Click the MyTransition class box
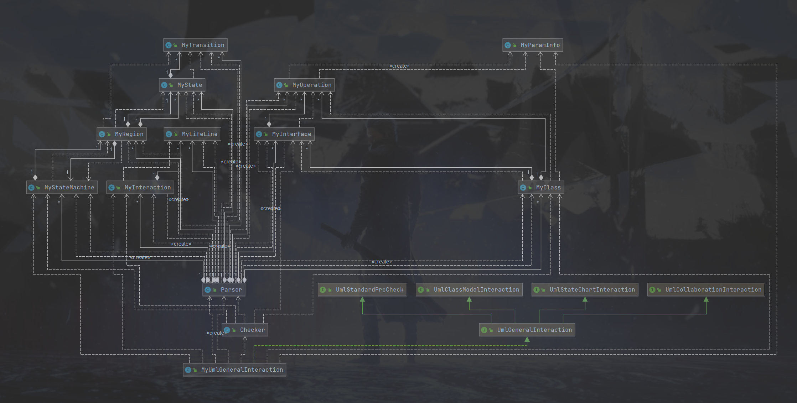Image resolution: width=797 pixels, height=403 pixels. (195, 45)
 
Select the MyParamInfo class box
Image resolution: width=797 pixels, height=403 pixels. (533, 45)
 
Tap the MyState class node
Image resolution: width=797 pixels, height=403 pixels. (182, 85)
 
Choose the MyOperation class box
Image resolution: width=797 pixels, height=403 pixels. (304, 85)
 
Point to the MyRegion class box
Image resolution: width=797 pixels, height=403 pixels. (122, 134)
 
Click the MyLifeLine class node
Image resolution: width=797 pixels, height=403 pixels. (192, 134)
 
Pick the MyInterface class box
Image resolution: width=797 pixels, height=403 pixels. (284, 134)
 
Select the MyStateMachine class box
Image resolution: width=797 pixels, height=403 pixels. (62, 188)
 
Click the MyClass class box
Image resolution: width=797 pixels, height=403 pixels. (541, 188)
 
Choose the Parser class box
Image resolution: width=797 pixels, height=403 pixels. (224, 290)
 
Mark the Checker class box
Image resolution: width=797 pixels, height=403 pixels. (245, 330)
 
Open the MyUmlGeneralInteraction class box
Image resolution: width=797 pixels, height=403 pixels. (234, 370)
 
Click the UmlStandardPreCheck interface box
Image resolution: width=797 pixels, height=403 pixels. (362, 290)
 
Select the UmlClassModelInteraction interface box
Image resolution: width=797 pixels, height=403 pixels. (469, 290)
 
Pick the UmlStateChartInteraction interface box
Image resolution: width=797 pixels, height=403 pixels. (585, 290)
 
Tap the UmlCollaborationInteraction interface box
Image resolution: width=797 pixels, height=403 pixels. (706, 290)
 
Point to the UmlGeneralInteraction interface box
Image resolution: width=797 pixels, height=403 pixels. (527, 330)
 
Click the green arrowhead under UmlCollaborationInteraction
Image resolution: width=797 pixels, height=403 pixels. (706, 299)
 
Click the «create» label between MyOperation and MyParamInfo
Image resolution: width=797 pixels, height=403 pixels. (399, 66)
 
